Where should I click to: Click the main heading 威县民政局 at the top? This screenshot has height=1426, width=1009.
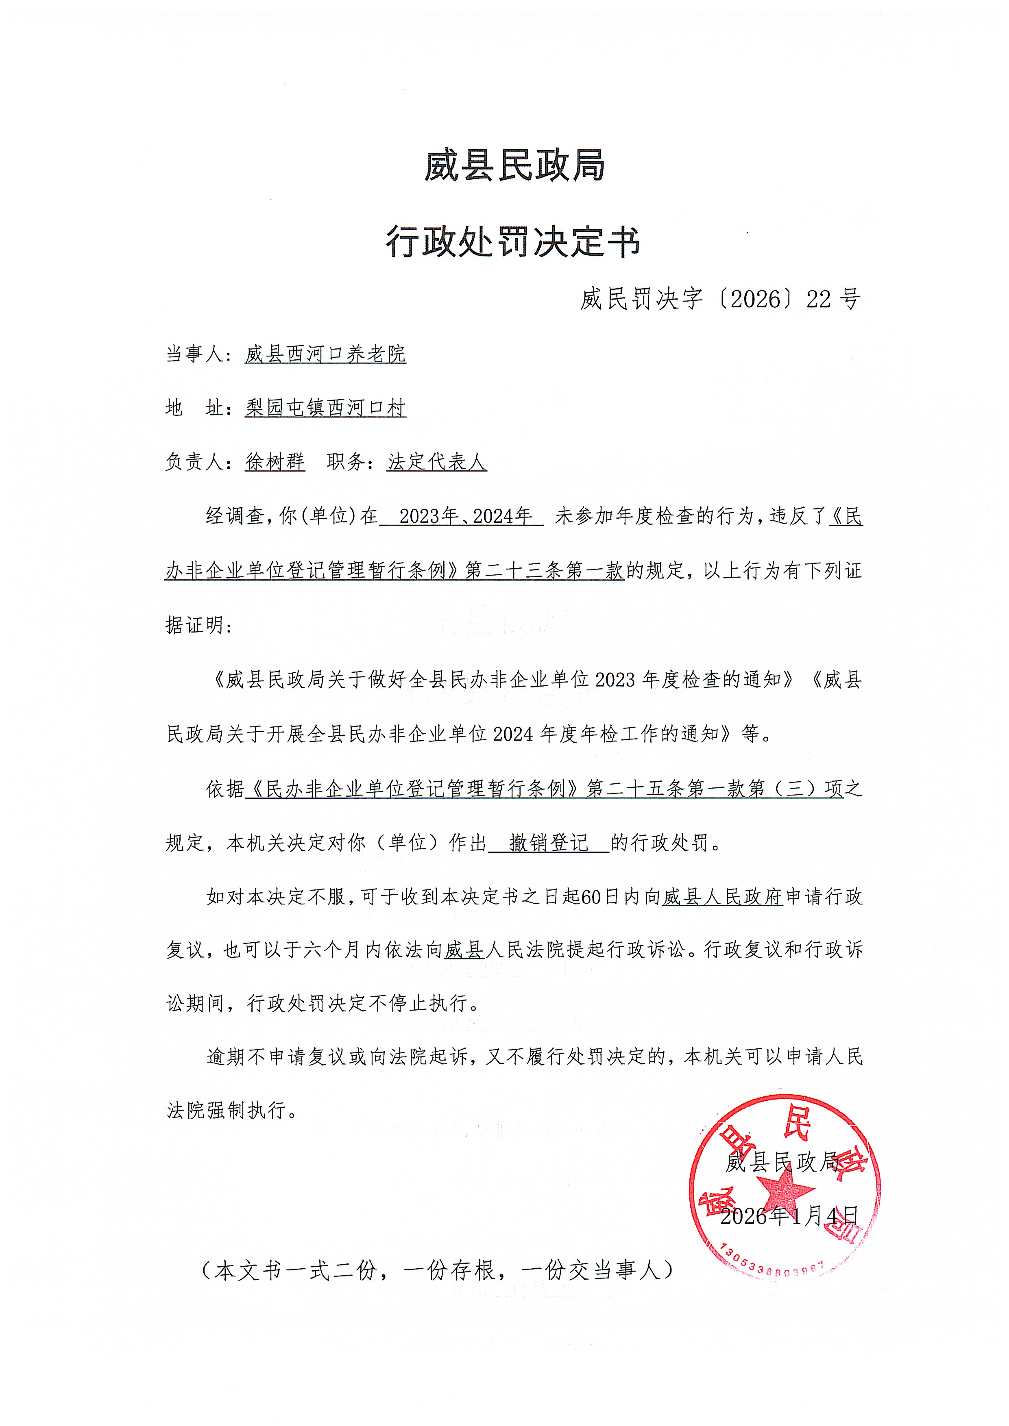click(x=514, y=166)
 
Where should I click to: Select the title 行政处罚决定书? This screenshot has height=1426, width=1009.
click(x=513, y=242)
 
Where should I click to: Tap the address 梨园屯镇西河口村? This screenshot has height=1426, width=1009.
click(x=326, y=408)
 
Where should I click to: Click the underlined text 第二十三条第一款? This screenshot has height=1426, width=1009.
click(x=544, y=571)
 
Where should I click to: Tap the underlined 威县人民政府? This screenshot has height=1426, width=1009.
click(x=722, y=897)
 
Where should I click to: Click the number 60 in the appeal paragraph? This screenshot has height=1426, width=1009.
click(x=590, y=897)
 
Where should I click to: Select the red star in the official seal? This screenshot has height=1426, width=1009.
click(x=785, y=1188)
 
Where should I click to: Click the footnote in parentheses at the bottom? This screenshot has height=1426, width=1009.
click(x=438, y=1270)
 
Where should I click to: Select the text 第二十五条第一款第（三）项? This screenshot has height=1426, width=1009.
click(x=715, y=789)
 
